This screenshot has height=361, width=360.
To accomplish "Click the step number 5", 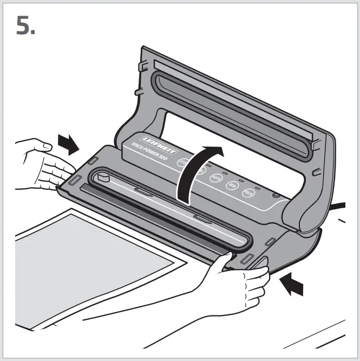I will [x=25, y=25].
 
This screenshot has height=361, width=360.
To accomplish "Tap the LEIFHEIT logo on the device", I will [x=147, y=142].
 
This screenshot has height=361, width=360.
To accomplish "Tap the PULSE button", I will [x=248, y=192].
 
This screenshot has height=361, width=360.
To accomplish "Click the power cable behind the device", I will [x=338, y=206].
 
